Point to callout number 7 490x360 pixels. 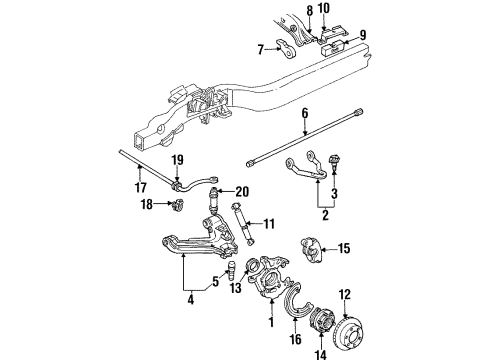pyautogui.click(x=260, y=48)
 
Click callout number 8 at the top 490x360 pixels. pyautogui.click(x=310, y=11)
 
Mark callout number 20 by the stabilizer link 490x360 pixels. pyautogui.click(x=243, y=190)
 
